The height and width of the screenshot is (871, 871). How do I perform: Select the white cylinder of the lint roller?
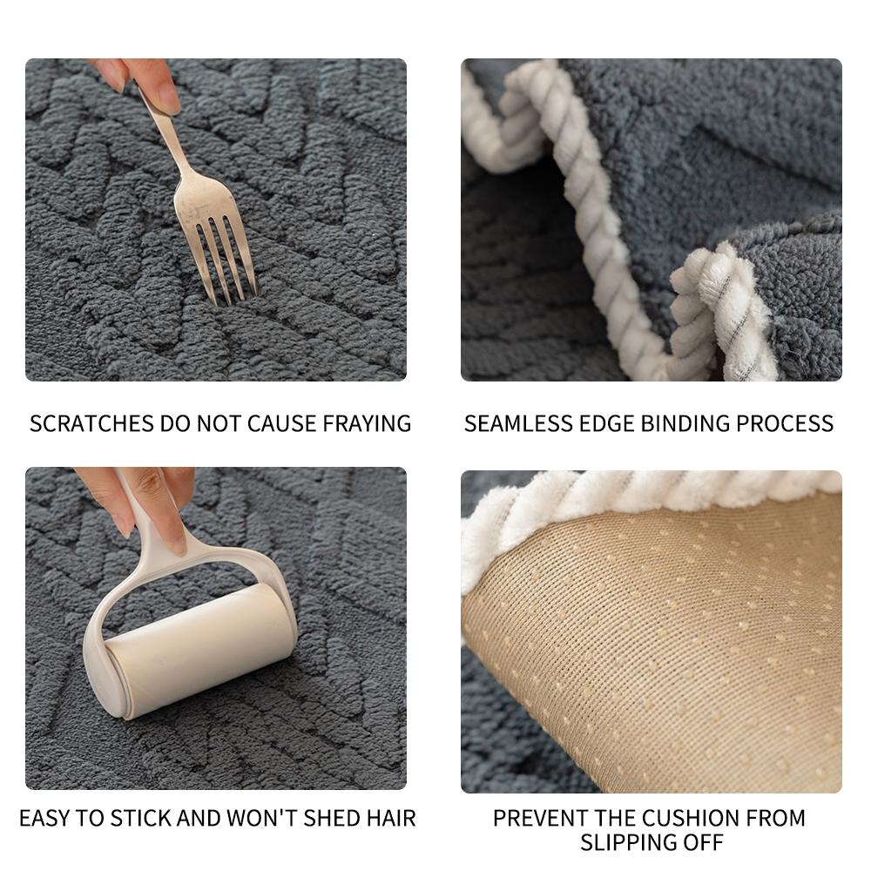click(x=200, y=649)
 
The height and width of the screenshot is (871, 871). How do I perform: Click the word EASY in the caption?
click(x=44, y=819)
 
